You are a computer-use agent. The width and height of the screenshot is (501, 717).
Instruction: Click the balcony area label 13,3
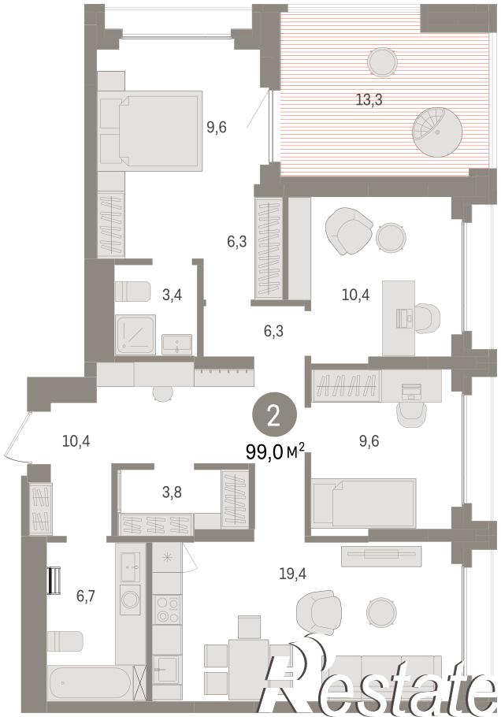click(369, 99)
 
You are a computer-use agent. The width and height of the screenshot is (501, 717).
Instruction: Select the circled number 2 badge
click(274, 416)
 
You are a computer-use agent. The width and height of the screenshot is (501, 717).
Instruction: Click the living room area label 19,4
click(292, 574)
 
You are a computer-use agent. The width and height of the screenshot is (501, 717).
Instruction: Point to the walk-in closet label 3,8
click(172, 492)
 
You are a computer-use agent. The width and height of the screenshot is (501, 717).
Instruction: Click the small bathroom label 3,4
click(172, 295)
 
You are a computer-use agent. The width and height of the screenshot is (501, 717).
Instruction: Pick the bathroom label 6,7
click(86, 596)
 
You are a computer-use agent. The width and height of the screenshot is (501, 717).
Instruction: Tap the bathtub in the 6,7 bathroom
click(89, 683)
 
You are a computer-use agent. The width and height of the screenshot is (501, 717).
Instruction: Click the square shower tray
click(135, 334)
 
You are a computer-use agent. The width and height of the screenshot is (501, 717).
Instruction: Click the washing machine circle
click(130, 599)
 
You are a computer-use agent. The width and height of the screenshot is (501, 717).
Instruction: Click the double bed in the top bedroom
click(150, 130)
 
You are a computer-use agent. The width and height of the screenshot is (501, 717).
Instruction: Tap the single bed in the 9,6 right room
click(364, 503)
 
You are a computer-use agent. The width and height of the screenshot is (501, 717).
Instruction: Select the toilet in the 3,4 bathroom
click(132, 292)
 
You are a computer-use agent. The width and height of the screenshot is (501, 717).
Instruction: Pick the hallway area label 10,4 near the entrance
click(76, 441)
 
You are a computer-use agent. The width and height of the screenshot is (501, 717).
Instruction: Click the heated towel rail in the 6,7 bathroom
click(54, 581)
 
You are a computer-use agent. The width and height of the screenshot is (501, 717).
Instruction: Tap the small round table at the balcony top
click(383, 62)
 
